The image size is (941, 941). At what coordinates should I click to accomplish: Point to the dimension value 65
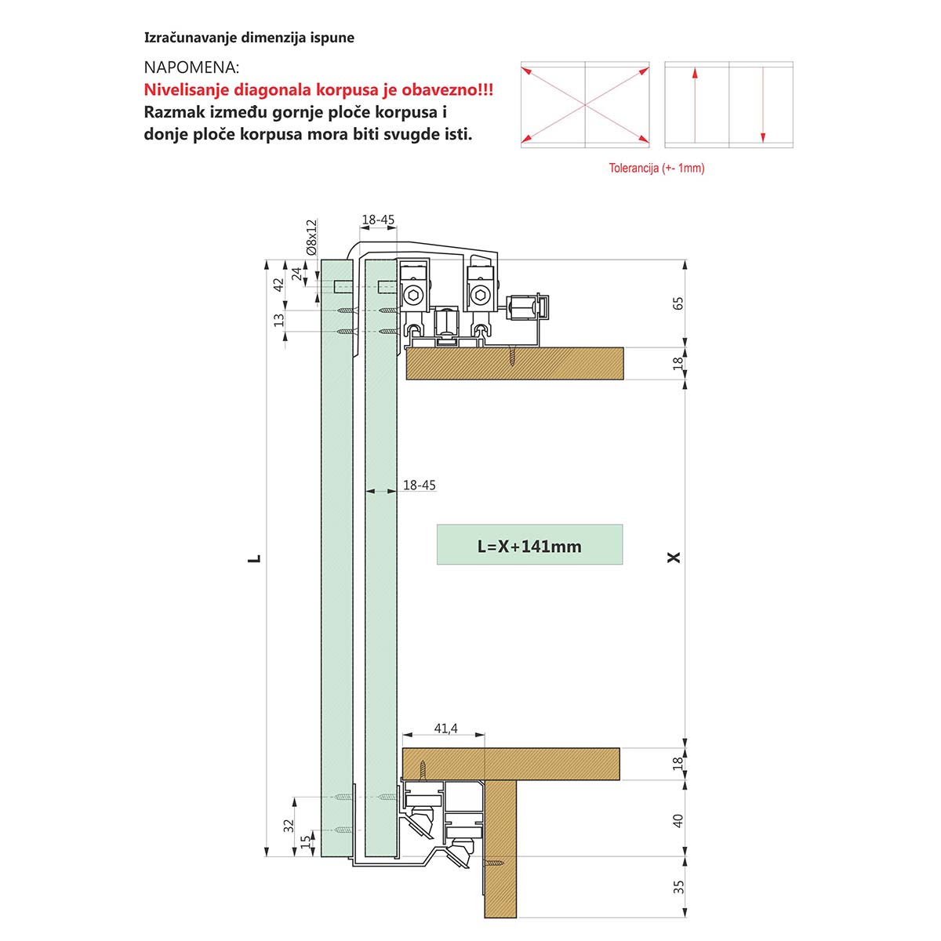tap(678, 303)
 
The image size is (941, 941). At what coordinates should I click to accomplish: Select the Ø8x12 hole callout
tap(311, 238)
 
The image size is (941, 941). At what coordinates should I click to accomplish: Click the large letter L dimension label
tap(254, 558)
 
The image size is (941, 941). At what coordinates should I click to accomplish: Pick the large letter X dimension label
tap(674, 558)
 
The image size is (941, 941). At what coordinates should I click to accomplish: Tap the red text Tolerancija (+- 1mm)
tap(656, 169)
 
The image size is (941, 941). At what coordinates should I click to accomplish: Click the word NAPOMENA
tap(191, 68)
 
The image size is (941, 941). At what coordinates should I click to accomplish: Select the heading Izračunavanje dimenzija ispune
tap(249, 38)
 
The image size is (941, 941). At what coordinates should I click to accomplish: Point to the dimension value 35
tap(678, 887)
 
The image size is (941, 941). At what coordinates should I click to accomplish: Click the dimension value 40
tap(678, 821)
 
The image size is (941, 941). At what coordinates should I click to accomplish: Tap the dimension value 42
tap(278, 285)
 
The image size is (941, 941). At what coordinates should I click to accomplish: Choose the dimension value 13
tap(278, 321)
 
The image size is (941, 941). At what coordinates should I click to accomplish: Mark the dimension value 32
tap(289, 826)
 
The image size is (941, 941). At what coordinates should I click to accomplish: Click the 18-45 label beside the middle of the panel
tap(420, 485)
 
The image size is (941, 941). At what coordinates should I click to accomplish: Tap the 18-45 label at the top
tap(378, 220)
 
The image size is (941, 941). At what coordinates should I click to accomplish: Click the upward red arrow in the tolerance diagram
tap(695, 105)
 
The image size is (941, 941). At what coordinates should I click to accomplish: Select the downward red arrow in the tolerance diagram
tap(763, 105)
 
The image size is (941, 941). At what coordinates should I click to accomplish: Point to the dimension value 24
tap(296, 274)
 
